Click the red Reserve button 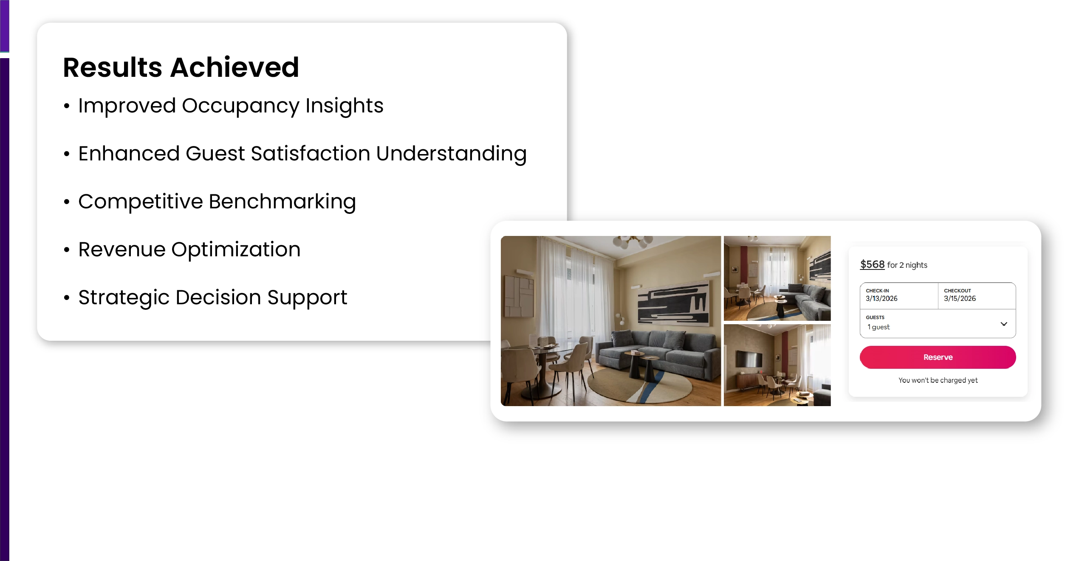938,357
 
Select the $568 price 872,264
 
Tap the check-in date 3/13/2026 881,298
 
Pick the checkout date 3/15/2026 960,298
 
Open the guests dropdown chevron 1004,324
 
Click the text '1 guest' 879,327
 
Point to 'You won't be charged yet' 938,380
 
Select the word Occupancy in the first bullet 240,107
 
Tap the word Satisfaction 310,153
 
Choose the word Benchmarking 282,202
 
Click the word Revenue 122,250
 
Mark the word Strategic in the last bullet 124,298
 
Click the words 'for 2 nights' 907,265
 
